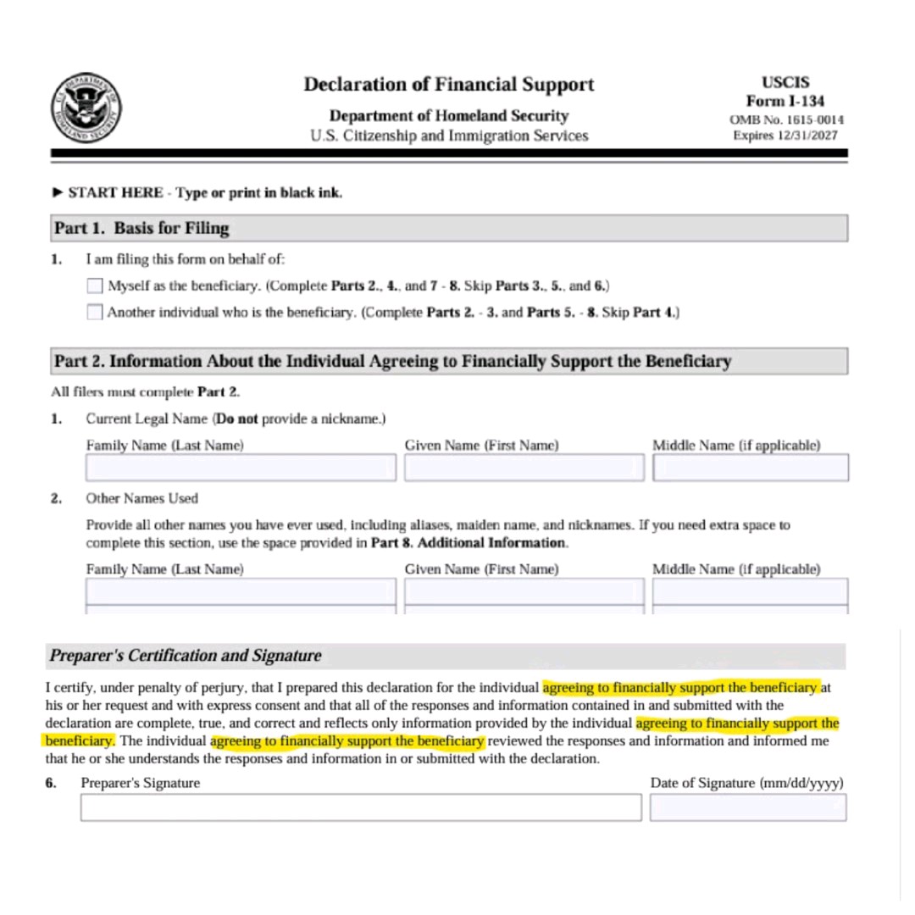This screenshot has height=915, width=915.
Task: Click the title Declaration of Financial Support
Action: coord(449,85)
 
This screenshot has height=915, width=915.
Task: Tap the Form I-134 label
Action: coord(785,102)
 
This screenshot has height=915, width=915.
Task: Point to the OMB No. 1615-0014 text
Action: coord(786,119)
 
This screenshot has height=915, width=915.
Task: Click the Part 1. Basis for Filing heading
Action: coord(141,229)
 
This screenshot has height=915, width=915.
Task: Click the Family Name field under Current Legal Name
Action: coord(241,468)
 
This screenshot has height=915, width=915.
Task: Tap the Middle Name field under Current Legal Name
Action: coord(750,468)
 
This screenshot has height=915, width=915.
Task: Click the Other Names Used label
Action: coord(141,498)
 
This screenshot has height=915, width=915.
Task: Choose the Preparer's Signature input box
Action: coord(361,807)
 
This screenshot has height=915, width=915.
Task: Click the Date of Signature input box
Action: coord(747,807)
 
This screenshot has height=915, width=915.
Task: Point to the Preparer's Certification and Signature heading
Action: coord(186,656)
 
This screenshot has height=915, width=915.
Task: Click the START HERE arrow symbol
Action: coord(58,192)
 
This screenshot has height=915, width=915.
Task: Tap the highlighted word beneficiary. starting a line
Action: coord(77,741)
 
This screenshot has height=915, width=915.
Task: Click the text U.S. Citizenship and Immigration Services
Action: coord(449,136)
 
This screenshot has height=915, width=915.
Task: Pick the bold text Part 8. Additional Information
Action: coord(468,542)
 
